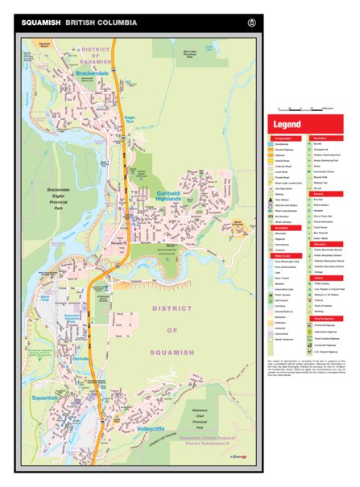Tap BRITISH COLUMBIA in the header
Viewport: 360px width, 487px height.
pyautogui.click(x=100, y=22)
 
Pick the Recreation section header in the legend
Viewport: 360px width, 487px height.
pyautogui.click(x=325, y=138)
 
